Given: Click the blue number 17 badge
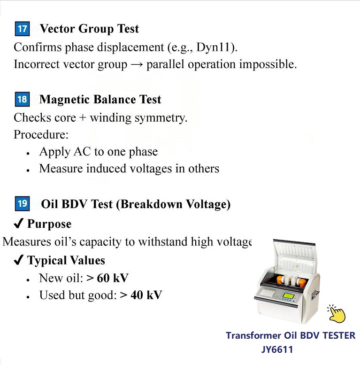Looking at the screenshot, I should (22, 29).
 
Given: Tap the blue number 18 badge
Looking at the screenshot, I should (22, 100).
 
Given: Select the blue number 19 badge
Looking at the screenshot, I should (22, 204).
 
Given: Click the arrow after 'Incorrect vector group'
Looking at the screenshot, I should (137, 64).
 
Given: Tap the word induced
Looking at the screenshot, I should (106, 169).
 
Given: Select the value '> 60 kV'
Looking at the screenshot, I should (107, 278).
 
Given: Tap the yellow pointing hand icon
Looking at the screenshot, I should (337, 313).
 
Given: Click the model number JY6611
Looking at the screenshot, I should (277, 350).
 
